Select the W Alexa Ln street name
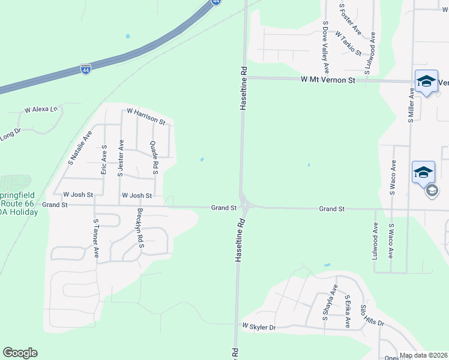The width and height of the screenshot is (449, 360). tap(41, 110)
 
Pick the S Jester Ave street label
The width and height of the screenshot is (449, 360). tap(121, 158)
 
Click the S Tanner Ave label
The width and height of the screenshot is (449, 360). tap(95, 238)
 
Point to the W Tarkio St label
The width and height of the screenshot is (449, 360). tap(348, 43)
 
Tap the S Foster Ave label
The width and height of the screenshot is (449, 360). tap(350, 19)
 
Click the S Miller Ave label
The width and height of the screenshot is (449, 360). tap(411, 105)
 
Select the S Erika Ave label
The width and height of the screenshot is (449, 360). tap(347, 311)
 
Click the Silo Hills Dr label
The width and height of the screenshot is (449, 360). tap(372, 315)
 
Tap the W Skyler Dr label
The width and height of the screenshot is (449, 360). tap(258, 327)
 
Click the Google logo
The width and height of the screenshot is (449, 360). tap(20, 353)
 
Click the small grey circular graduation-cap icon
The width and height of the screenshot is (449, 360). tap(432, 191)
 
